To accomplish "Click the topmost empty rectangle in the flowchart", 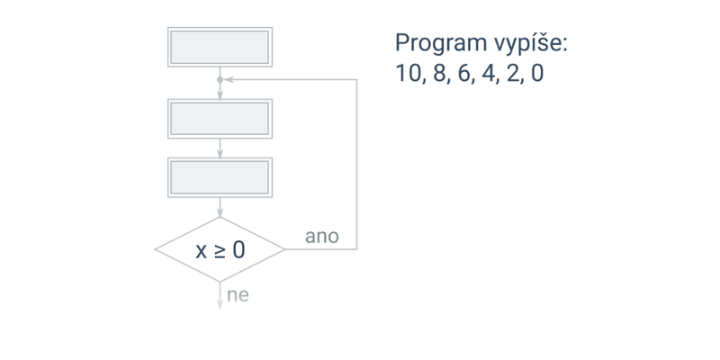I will coord(220,46).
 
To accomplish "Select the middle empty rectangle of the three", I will coord(220,117).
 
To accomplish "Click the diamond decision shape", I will coord(220,249).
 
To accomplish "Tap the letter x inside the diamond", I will coord(202,250).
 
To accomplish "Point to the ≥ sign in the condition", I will coord(219,250).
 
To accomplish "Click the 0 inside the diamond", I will coord(238,250).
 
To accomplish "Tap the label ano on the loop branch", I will coord(322,237).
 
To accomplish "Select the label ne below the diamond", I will coord(238,295).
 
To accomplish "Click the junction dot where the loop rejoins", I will coord(220,80).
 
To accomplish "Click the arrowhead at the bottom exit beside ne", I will coord(220,302).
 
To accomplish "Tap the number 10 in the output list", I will coord(409,73).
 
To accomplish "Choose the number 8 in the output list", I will coord(438,73).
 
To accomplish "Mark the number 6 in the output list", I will coord(464,73).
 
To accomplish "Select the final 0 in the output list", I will coord(537,73).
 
